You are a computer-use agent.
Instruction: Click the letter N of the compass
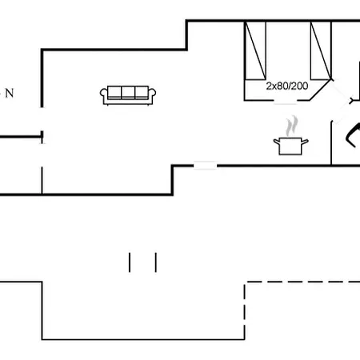pyautogui.click(x=10, y=94)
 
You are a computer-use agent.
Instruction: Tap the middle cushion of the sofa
pyautogui.click(x=128, y=93)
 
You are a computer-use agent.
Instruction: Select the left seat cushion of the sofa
pyautogui.click(x=114, y=93)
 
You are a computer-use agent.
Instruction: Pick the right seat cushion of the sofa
pyautogui.click(x=142, y=93)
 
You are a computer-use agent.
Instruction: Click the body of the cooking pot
pyautogui.click(x=290, y=146)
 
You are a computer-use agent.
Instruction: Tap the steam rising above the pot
pyautogui.click(x=291, y=126)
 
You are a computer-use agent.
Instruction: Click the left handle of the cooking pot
pyautogui.click(x=277, y=142)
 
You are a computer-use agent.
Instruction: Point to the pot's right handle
pyautogui.click(x=305, y=142)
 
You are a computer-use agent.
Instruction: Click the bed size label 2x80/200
pyautogui.click(x=287, y=86)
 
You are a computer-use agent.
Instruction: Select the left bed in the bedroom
pyautogui.click(x=255, y=50)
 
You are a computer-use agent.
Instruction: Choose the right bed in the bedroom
pyautogui.click(x=321, y=50)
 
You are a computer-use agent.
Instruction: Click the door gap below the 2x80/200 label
pyautogui.click(x=286, y=101)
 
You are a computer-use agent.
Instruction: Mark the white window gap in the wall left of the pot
pyautogui.click(x=205, y=166)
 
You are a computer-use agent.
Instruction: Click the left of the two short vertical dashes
pyautogui.click(x=130, y=262)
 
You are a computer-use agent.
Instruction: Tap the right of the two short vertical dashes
pyautogui.click(x=156, y=262)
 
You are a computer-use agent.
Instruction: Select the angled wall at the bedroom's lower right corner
pyautogui.click(x=320, y=90)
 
